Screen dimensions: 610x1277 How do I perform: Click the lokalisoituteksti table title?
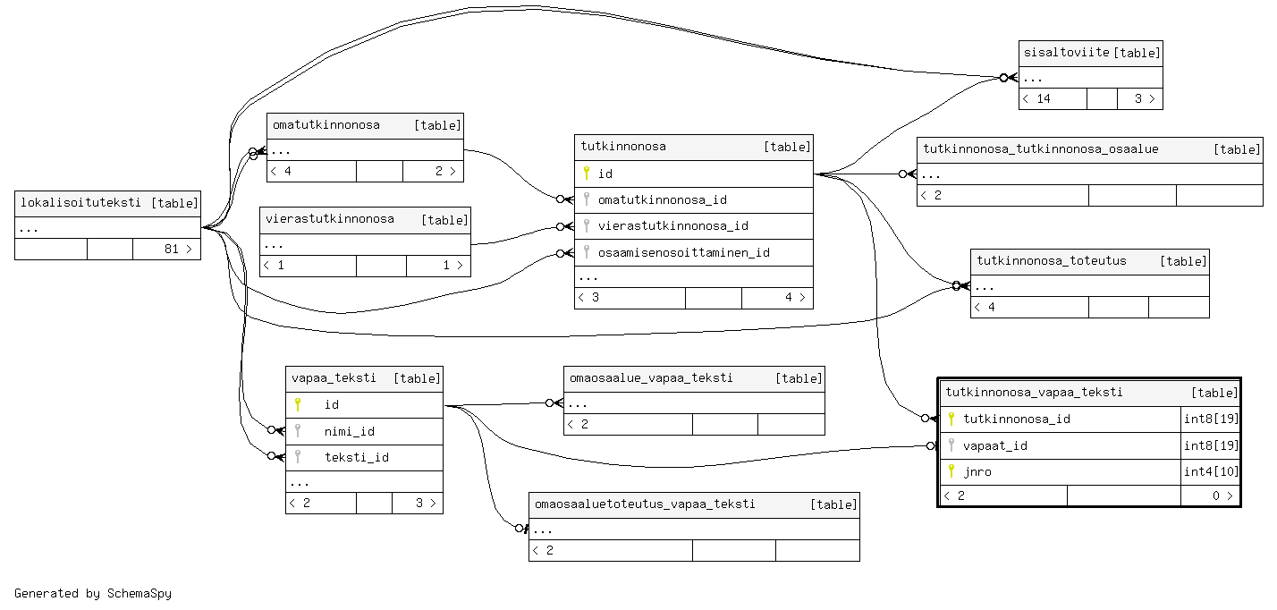(80, 203)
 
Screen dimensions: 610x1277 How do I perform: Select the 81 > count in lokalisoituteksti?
(178, 250)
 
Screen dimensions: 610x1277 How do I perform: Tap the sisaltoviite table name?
(1067, 53)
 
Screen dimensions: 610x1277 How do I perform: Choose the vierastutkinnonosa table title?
(329, 219)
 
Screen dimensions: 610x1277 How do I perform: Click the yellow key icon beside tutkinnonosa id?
(587, 174)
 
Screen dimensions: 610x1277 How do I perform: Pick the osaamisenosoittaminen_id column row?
(683, 252)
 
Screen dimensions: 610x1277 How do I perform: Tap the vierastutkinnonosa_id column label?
(672, 226)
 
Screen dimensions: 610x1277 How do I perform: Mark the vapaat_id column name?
(995, 445)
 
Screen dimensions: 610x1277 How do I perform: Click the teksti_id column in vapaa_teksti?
(356, 457)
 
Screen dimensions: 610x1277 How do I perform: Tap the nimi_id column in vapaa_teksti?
(349, 431)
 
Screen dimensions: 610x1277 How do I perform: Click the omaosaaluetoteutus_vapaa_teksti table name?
(644, 504)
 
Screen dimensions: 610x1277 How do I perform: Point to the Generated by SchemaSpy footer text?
(93, 593)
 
